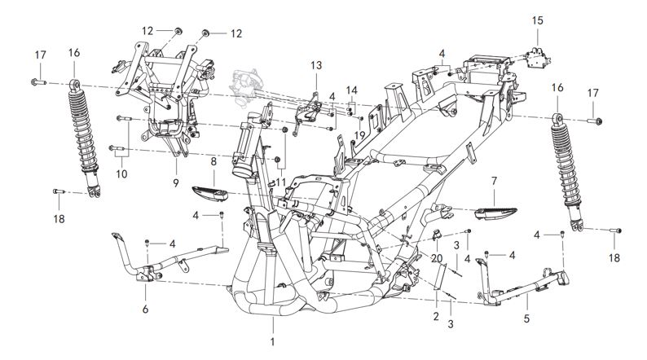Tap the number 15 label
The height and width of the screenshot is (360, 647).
coord(537,19)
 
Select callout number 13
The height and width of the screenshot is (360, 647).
coord(316,65)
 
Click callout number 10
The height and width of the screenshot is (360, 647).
coord(121,173)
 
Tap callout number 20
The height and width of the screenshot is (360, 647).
coord(437,257)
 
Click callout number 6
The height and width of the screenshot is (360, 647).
coord(145,310)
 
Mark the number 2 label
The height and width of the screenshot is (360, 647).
coord(436,316)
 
